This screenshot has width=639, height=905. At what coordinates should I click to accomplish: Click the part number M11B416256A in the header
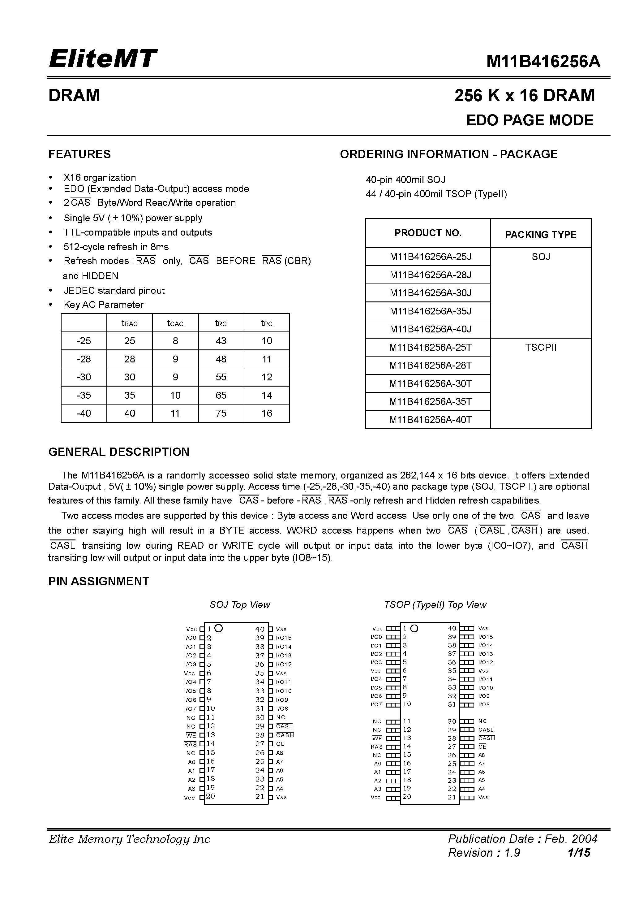pyautogui.click(x=543, y=62)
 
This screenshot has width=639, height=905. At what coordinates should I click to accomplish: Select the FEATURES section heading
pyautogui.click(x=79, y=154)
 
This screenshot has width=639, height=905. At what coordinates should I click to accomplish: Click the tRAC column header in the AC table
pyautogui.click(x=130, y=324)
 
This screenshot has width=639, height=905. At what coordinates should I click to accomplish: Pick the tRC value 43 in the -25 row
pyautogui.click(x=221, y=341)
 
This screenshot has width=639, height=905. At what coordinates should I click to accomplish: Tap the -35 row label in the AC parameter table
pyautogui.click(x=84, y=395)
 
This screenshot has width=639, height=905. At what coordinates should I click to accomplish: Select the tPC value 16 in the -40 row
pyautogui.click(x=267, y=414)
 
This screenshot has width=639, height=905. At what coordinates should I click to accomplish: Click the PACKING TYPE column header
pyautogui.click(x=541, y=235)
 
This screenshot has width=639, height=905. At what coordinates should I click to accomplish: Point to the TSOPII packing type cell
pyautogui.click(x=541, y=348)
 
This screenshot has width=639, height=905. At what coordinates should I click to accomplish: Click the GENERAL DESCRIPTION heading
pyautogui.click(x=118, y=452)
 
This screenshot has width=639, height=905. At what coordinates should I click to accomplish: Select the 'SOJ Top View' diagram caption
pyautogui.click(x=240, y=605)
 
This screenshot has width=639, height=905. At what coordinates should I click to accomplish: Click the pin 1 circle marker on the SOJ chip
pyautogui.click(x=219, y=628)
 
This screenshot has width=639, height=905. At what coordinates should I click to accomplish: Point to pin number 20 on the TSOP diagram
pyautogui.click(x=407, y=797)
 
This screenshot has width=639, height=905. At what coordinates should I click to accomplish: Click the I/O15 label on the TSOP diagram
pyautogui.click(x=485, y=637)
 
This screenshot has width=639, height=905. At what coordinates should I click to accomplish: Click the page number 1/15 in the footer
pyautogui.click(x=579, y=853)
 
